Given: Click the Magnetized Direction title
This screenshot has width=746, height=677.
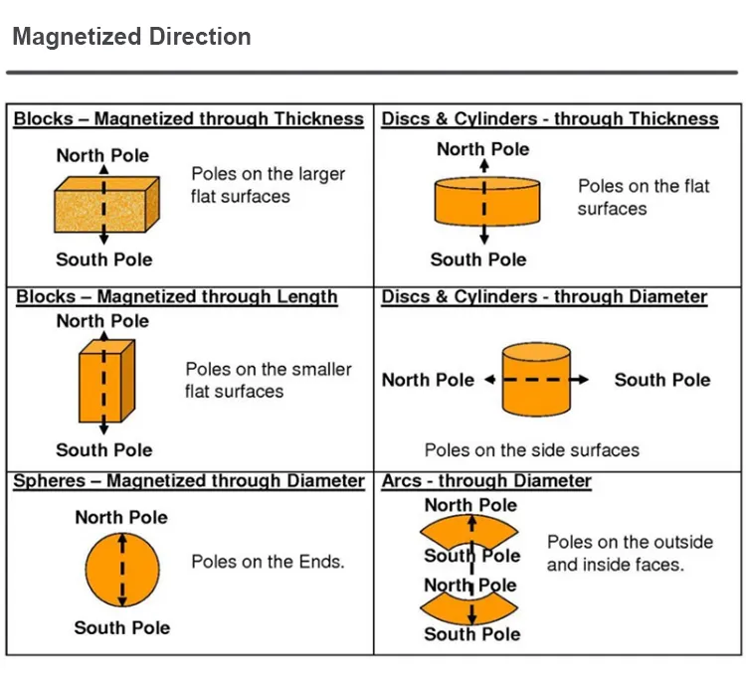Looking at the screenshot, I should (131, 38).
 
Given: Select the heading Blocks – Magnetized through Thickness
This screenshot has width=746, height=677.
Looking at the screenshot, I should (189, 119).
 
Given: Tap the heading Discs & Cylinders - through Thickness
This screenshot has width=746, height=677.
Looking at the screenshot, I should (550, 119).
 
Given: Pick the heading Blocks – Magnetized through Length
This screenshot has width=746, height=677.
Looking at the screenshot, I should (177, 297).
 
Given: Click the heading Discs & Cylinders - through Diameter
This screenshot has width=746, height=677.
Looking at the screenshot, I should (544, 297).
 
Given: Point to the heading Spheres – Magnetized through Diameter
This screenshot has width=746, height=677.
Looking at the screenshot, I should (189, 481).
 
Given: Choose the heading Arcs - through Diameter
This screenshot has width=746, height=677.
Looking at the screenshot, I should (486, 481).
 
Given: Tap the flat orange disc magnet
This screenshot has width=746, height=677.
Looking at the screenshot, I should (487, 202).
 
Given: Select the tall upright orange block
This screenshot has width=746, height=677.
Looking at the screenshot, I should (105, 383).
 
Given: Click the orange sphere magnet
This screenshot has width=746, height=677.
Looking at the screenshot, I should (122, 571).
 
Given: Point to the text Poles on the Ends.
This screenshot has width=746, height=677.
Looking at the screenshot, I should (268, 562).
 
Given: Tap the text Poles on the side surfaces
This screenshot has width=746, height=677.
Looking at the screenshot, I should (532, 450).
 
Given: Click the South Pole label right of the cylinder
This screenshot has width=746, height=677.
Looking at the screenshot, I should (661, 380).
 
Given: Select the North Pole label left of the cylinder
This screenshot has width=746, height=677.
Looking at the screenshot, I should (428, 380).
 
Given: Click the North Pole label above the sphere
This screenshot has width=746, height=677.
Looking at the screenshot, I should (121, 517).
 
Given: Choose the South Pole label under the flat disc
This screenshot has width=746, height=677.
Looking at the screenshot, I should (478, 259).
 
